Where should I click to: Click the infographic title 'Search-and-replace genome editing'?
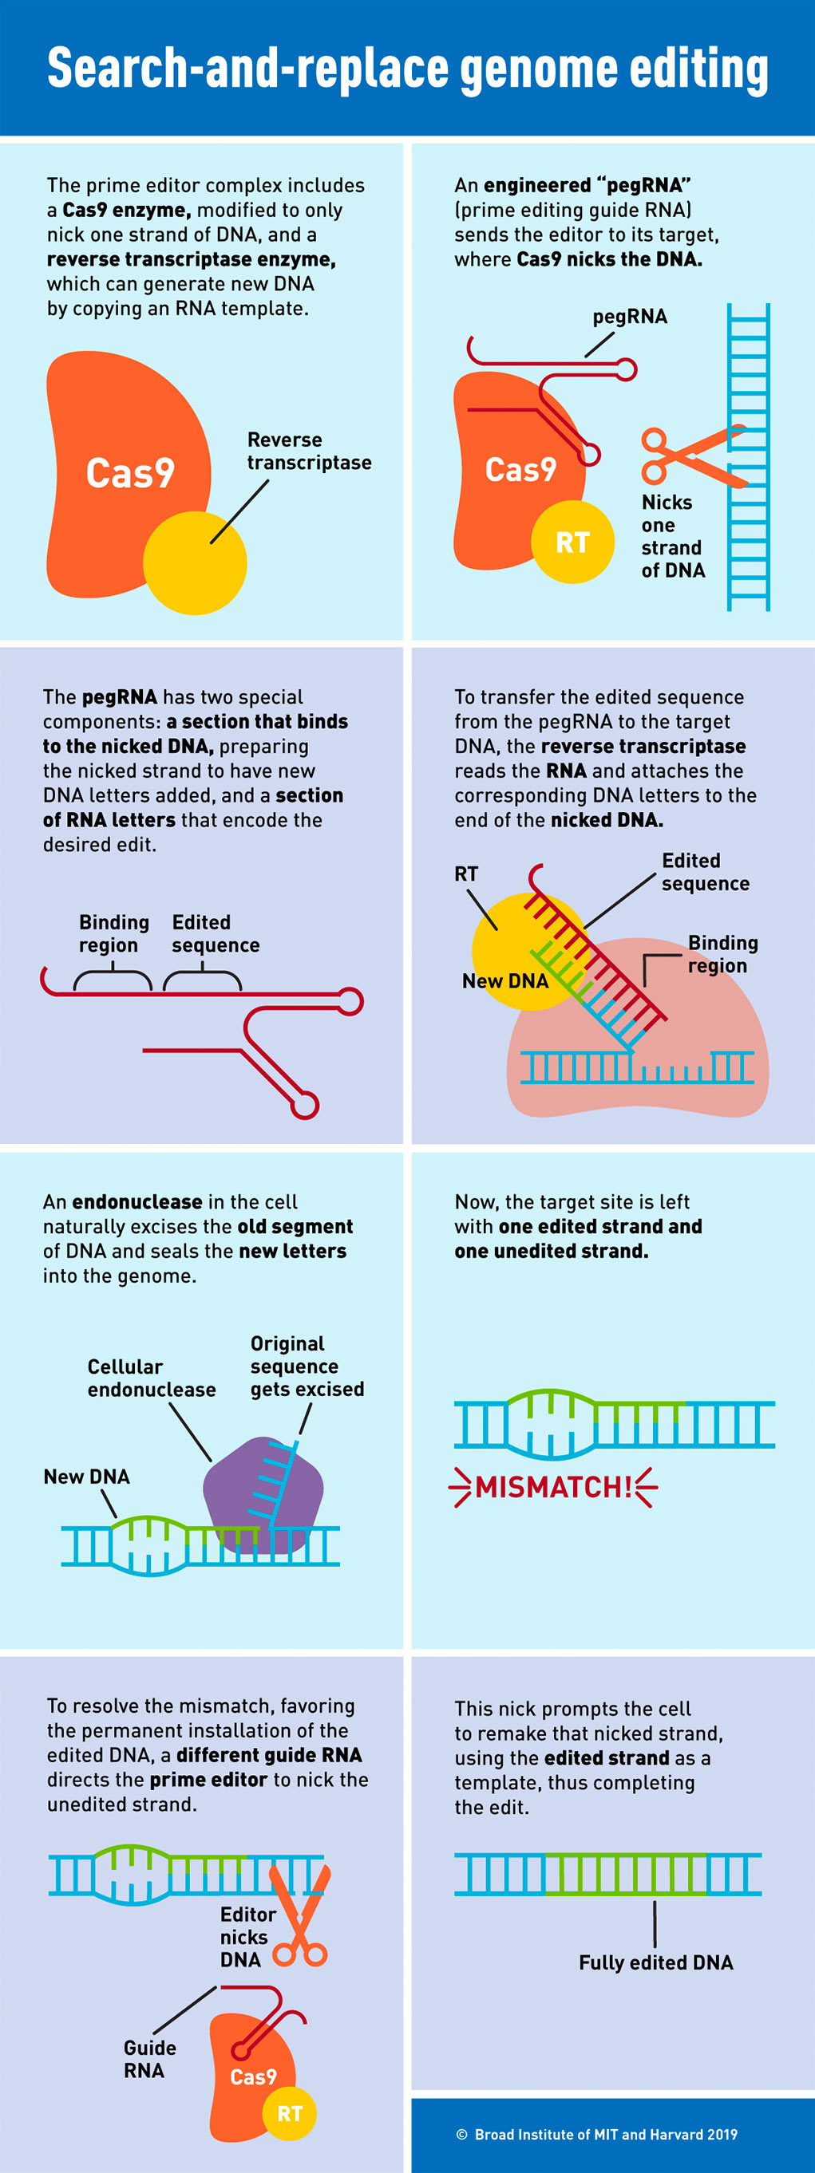pyautogui.click(x=407, y=69)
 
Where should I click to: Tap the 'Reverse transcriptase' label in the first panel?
pyautogui.click(x=309, y=452)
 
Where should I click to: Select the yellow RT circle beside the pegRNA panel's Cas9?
pyautogui.click(x=573, y=542)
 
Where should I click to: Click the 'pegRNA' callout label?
pyautogui.click(x=629, y=317)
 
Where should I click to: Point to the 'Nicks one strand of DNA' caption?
pyautogui.click(x=673, y=537)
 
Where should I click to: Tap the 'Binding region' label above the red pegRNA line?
pyautogui.click(x=114, y=933)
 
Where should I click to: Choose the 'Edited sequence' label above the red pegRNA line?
pyautogui.click(x=216, y=933)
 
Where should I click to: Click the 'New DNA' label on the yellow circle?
pyautogui.click(x=505, y=980)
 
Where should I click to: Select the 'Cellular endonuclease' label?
pyautogui.click(x=152, y=1378)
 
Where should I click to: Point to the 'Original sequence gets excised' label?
pyautogui.click(x=307, y=1366)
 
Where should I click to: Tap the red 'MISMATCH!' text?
pyautogui.click(x=553, y=1486)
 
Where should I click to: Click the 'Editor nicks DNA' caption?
pyautogui.click(x=247, y=1937)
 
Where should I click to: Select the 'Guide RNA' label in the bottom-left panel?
pyautogui.click(x=149, y=2058)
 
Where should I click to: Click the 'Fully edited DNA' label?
pyautogui.click(x=655, y=1962)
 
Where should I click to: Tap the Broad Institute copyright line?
pyautogui.click(x=597, y=2133)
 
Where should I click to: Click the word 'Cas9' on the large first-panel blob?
pyautogui.click(x=130, y=472)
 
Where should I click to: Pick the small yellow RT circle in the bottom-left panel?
pyautogui.click(x=290, y=2113)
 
